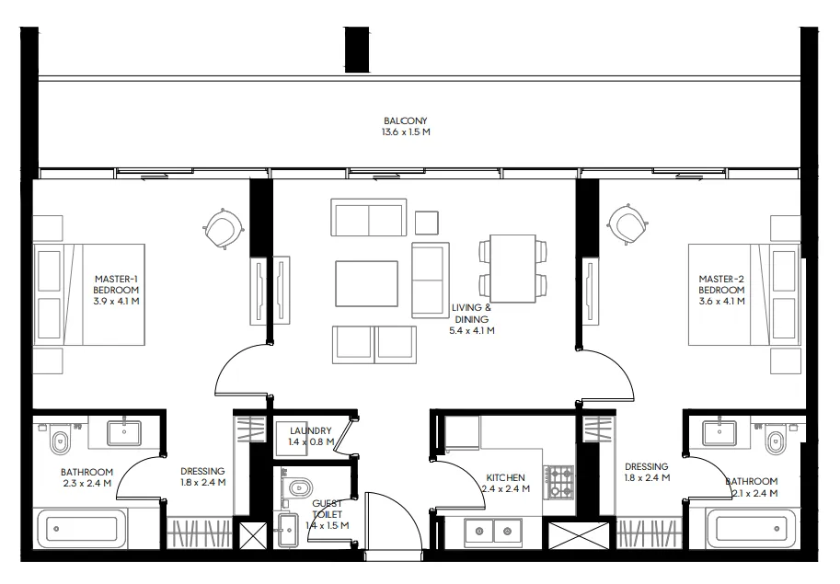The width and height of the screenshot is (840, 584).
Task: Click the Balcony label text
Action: (406, 120)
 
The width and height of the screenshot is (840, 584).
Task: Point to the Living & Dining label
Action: (470, 319)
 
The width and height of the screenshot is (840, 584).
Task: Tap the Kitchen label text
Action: (506, 478)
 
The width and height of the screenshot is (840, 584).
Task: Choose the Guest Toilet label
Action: (327, 508)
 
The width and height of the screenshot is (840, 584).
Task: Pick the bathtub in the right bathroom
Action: (753, 531)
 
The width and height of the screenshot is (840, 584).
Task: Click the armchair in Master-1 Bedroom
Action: (223, 226)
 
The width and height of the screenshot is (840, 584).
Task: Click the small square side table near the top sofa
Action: (426, 222)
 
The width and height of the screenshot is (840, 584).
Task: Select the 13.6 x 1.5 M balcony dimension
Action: (406, 132)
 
